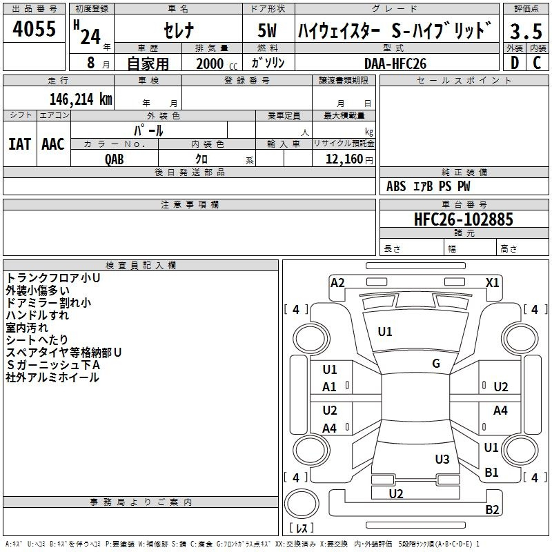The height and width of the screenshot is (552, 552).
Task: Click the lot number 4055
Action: point(34,28)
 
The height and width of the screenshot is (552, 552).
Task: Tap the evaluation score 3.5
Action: point(526,31)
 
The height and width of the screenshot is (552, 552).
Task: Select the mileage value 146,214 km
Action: point(81,99)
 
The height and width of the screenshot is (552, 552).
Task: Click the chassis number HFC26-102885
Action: point(464,219)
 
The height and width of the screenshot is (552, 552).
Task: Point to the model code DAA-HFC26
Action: point(395,63)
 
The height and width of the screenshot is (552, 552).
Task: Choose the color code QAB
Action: point(115,159)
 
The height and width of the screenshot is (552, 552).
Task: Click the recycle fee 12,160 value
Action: point(344,159)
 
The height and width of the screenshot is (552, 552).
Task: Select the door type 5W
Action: point(267,30)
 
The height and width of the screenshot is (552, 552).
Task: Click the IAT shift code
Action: point(20,144)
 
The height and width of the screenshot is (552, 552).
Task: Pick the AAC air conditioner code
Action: point(53,144)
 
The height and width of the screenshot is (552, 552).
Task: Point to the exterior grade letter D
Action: point(515,63)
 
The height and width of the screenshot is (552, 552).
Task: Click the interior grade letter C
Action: point(537,63)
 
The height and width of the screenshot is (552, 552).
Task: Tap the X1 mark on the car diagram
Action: point(492,283)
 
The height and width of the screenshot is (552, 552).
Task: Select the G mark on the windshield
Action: point(436,364)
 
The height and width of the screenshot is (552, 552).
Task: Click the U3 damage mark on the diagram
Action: point(442,459)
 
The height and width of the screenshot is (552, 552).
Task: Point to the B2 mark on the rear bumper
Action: point(492,509)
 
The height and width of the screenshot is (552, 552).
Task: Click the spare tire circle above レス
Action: point(302,504)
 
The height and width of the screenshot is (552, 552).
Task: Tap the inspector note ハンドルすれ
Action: point(37,315)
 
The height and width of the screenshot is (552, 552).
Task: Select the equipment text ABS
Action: point(396,186)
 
